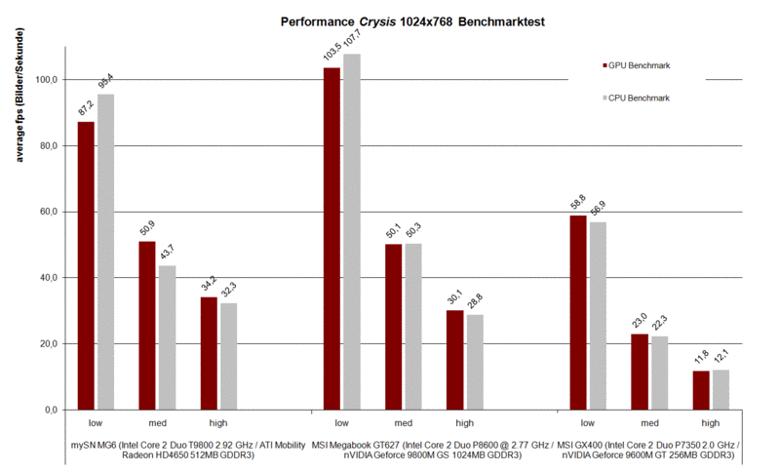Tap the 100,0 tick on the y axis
46,79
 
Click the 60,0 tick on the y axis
46,212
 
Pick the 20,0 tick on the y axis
46,343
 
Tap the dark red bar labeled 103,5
332,238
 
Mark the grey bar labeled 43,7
167,337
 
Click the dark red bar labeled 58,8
578,312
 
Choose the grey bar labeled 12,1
721,389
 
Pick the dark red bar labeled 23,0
639,372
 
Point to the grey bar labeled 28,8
475,362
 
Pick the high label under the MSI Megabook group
465,423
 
